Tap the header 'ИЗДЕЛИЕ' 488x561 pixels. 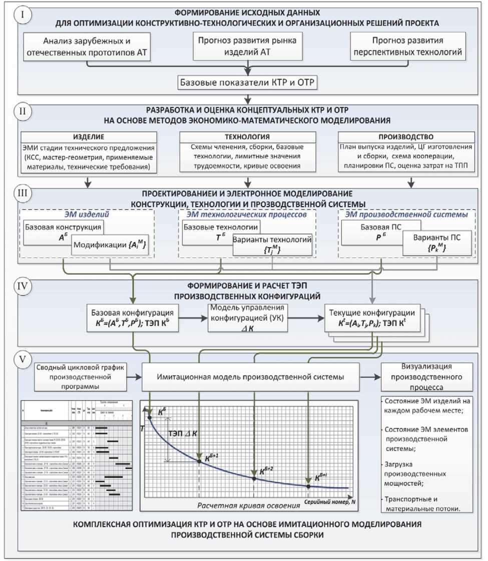[x=89, y=137]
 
